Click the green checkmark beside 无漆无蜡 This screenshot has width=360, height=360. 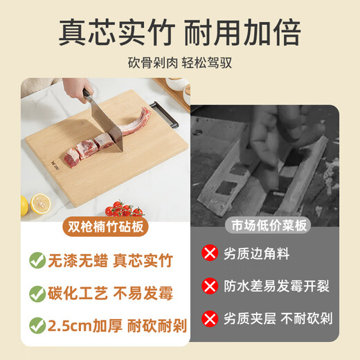coord(36,261)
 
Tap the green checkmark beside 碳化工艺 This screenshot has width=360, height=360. coord(36,293)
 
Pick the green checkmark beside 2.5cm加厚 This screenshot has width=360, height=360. coord(36,324)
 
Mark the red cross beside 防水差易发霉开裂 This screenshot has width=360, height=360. coord(208,285)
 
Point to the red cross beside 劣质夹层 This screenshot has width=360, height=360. coord(208,318)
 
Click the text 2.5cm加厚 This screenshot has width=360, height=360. coord(81,324)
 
